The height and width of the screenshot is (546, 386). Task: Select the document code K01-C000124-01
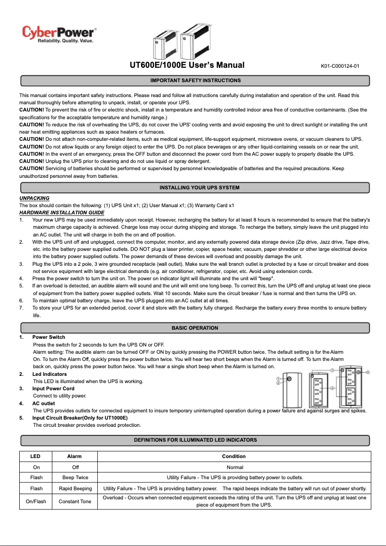(340, 66)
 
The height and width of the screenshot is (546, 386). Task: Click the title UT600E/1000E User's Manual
(187, 65)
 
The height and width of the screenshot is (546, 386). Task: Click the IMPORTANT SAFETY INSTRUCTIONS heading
(195, 80)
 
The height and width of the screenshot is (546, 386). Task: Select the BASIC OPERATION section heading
(195, 328)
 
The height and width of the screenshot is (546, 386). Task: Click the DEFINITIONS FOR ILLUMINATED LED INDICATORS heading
(195, 440)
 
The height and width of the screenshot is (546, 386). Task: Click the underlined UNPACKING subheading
(34, 198)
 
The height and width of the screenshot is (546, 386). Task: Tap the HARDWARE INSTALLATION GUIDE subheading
(62, 212)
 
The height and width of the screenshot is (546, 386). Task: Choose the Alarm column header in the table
(74, 456)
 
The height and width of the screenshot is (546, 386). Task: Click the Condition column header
(234, 456)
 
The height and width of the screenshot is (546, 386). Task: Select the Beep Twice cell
(75, 477)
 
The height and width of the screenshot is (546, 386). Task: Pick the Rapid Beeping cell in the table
(75, 488)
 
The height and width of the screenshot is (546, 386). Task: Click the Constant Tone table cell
(75, 501)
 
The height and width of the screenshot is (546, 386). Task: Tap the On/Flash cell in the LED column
(36, 501)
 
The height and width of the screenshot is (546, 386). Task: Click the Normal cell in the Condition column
(235, 467)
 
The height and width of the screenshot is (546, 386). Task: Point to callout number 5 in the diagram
(368, 372)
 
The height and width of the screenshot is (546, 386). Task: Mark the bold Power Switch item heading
(49, 337)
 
